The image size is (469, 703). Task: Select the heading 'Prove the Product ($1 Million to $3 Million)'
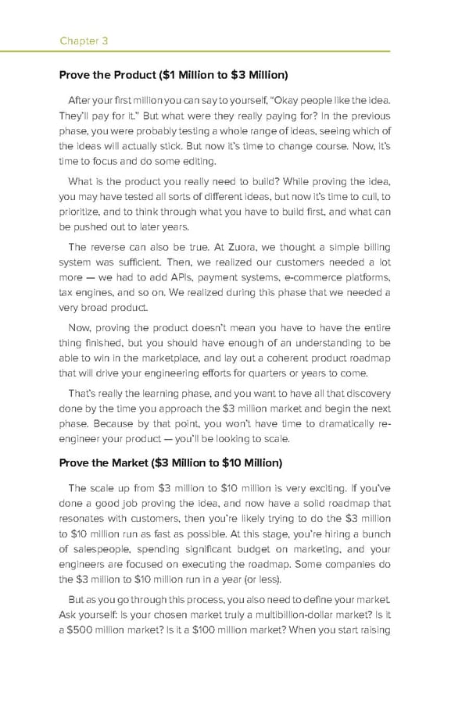[x=174, y=75]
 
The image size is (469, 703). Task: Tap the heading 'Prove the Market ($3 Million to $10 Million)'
[x=171, y=462]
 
